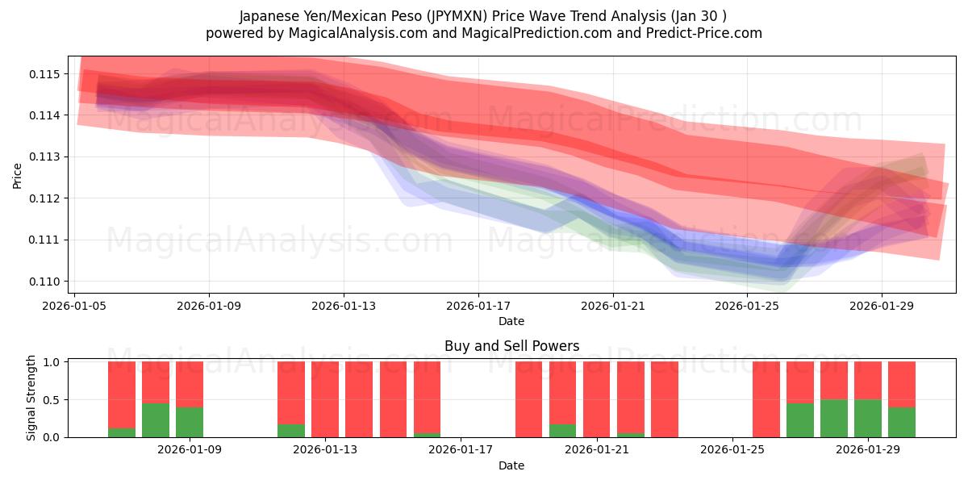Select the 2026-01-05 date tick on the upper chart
(75, 306)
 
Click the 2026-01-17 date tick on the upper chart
(478, 306)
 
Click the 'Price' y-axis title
(18, 175)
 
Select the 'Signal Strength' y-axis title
(31, 398)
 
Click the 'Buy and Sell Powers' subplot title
(511, 346)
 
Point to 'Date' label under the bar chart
(511, 465)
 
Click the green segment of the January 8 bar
(156, 420)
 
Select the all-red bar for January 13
(325, 399)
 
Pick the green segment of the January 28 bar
(834, 419)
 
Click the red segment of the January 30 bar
(902, 384)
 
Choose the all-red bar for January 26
(766, 399)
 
